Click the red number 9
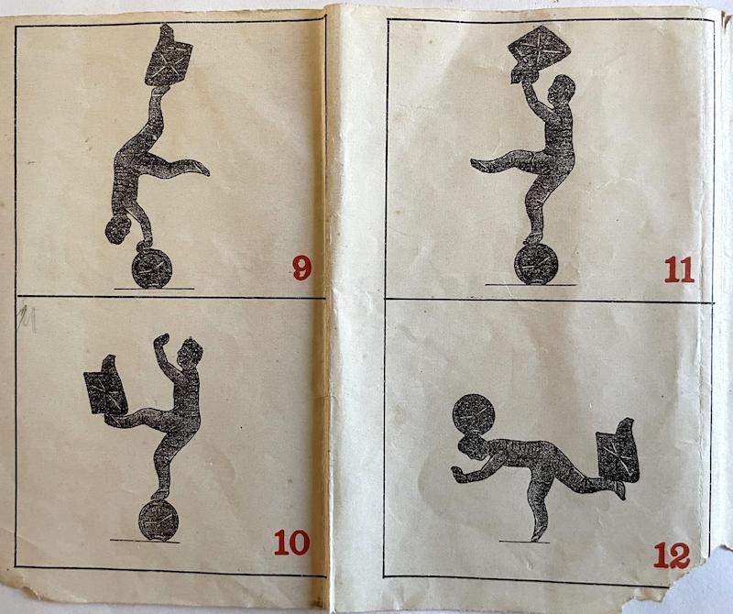click(302, 268)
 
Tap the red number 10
click(291, 543)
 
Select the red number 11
click(679, 269)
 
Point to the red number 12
click(672, 555)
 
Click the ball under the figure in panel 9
click(152, 269)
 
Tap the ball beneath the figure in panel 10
click(159, 521)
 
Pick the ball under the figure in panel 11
click(535, 264)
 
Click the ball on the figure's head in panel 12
click(473, 415)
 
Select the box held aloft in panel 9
click(169, 56)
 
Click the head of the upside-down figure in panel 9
click(118, 229)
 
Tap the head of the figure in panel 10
click(191, 352)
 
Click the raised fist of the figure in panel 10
click(162, 340)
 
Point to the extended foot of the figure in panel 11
click(478, 164)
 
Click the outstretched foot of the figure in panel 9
click(200, 168)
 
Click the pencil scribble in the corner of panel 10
click(27, 319)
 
